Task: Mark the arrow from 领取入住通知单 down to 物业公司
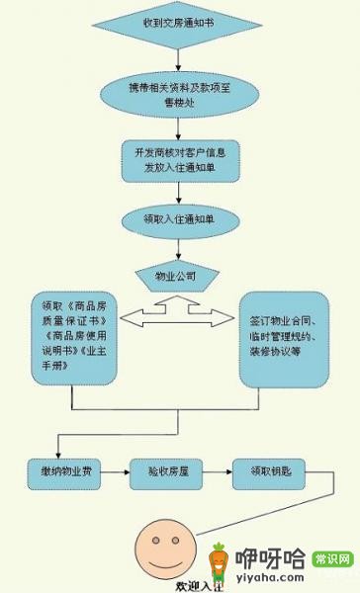pos(179,247)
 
